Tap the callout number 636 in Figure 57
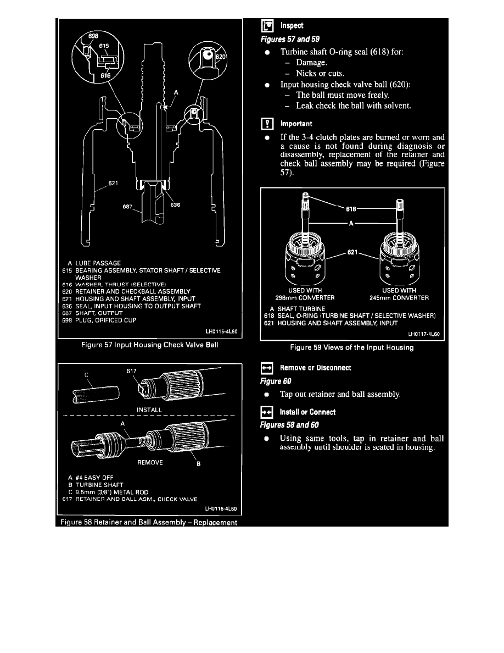click(x=176, y=205)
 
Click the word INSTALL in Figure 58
click(x=149, y=410)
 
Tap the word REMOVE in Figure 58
click(x=149, y=462)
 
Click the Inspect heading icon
click(x=267, y=25)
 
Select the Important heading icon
click(x=267, y=124)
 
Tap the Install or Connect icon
click(x=267, y=412)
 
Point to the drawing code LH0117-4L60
click(x=425, y=334)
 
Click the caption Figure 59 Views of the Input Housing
click(x=352, y=347)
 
